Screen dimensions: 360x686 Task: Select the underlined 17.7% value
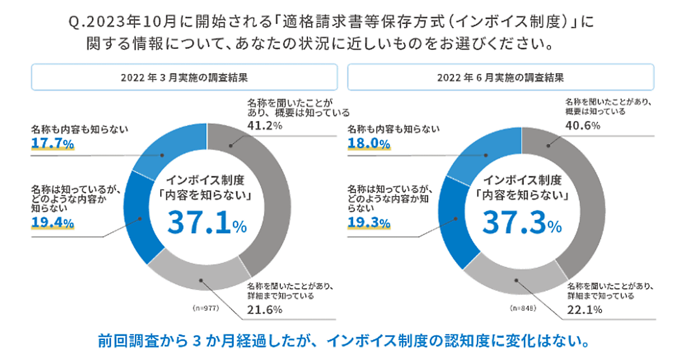point(53,145)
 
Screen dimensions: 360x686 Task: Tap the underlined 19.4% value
point(53,223)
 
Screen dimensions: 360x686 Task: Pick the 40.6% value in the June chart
point(583,126)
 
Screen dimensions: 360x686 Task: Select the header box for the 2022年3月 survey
point(184,77)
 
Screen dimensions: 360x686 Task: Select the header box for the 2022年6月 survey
point(500,77)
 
